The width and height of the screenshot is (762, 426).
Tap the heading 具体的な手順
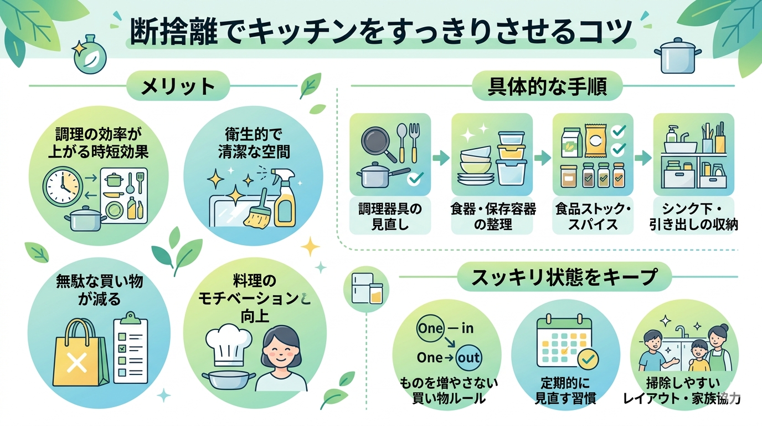click(x=547, y=87)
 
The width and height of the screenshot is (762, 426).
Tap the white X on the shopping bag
click(x=76, y=363)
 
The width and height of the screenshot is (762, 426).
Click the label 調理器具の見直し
click(x=390, y=217)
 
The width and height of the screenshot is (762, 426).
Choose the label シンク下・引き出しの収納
click(x=694, y=217)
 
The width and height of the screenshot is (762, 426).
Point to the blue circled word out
click(x=468, y=358)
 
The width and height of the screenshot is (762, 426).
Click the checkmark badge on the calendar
click(x=588, y=360)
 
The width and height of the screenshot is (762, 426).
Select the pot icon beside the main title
click(x=674, y=54)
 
